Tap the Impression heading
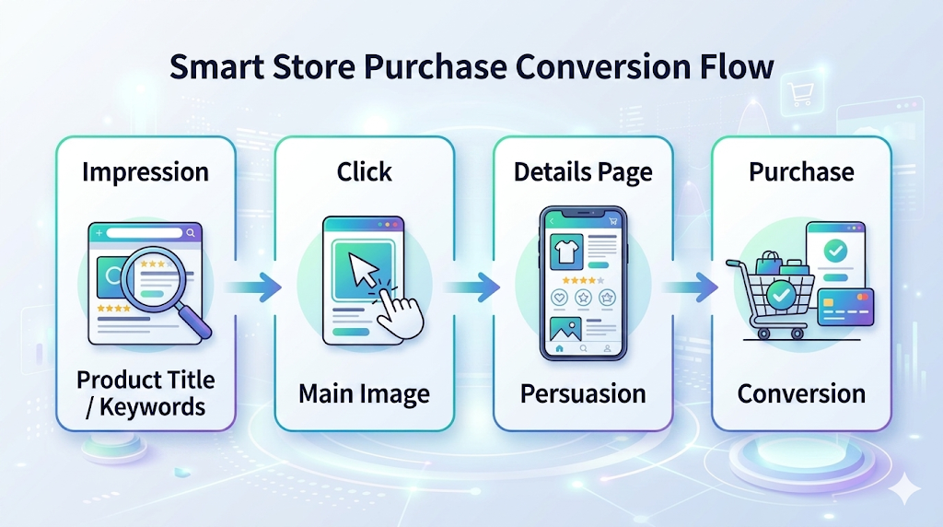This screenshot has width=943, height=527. click(x=146, y=171)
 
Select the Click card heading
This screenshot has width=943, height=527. click(x=365, y=171)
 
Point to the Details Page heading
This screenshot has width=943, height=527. click(x=583, y=171)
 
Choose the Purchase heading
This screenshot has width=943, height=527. click(x=801, y=171)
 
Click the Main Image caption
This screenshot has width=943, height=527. click(x=365, y=394)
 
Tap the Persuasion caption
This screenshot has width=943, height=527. click(x=583, y=394)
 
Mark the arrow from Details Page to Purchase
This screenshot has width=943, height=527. click(x=692, y=287)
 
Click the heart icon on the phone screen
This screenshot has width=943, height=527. click(x=559, y=298)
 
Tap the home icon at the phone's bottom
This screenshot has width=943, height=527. click(x=559, y=349)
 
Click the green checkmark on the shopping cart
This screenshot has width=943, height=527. click(x=782, y=295)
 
